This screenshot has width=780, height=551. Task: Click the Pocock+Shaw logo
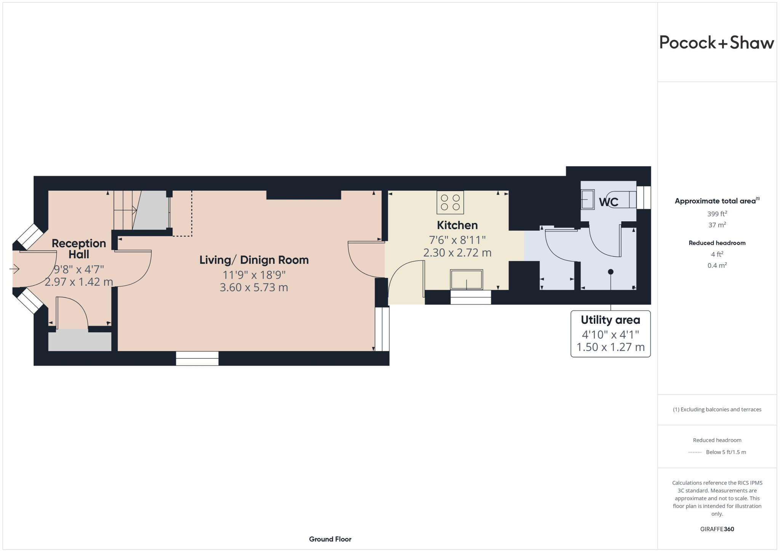tap(716, 43)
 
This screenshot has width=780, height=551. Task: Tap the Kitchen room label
tap(457, 225)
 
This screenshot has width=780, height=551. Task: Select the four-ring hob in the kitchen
tap(450, 202)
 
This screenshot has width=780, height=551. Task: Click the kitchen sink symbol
tap(467, 279)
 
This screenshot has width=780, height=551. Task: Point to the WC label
tap(608, 202)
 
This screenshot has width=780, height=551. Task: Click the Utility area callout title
tap(610, 320)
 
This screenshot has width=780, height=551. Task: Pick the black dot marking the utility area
tap(611, 272)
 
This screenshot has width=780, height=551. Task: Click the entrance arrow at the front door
tap(14, 269)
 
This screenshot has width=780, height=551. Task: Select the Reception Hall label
tap(79, 249)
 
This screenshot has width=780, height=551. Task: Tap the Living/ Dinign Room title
tap(254, 260)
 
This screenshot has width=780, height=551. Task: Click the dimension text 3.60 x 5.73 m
tap(254, 287)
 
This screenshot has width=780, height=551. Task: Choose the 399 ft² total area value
tap(717, 214)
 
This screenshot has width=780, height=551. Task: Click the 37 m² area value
tap(717, 225)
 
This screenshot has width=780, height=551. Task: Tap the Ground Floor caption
tap(330, 539)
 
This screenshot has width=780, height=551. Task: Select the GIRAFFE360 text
tap(717, 529)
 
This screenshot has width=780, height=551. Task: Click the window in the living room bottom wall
tap(197, 358)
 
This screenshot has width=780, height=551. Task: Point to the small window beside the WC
tap(643, 197)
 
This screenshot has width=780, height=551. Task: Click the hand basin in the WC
tap(587, 200)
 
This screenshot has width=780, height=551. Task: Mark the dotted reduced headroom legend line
tap(695, 452)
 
